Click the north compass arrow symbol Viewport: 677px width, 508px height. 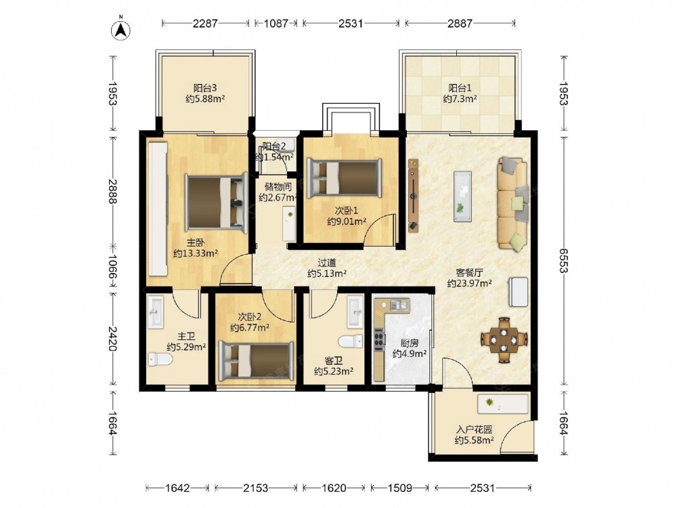coord(121,29)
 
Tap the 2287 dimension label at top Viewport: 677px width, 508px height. coord(205,23)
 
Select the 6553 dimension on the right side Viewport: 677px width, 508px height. coord(563,261)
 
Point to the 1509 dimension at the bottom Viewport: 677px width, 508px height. coord(400,488)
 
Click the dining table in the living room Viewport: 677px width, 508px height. coord(504,339)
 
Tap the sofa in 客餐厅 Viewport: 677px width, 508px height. coord(513,203)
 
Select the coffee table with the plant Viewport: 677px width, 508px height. coord(462,196)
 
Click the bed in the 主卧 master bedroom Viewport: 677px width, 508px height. coord(217,201)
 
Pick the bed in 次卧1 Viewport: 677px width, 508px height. coord(344,177)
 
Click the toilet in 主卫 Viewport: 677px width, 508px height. coord(160,359)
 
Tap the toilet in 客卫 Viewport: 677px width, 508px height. coord(351,341)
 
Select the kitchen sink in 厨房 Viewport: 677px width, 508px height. coord(399,305)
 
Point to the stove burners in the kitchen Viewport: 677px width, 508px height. coord(379,339)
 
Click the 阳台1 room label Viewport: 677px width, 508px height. coord(460,88)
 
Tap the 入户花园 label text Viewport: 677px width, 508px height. coord(474,430)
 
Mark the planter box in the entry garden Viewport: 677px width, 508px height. coord(503,404)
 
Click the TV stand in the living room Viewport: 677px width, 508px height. coord(414,196)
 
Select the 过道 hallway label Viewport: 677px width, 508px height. coord(327,263)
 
